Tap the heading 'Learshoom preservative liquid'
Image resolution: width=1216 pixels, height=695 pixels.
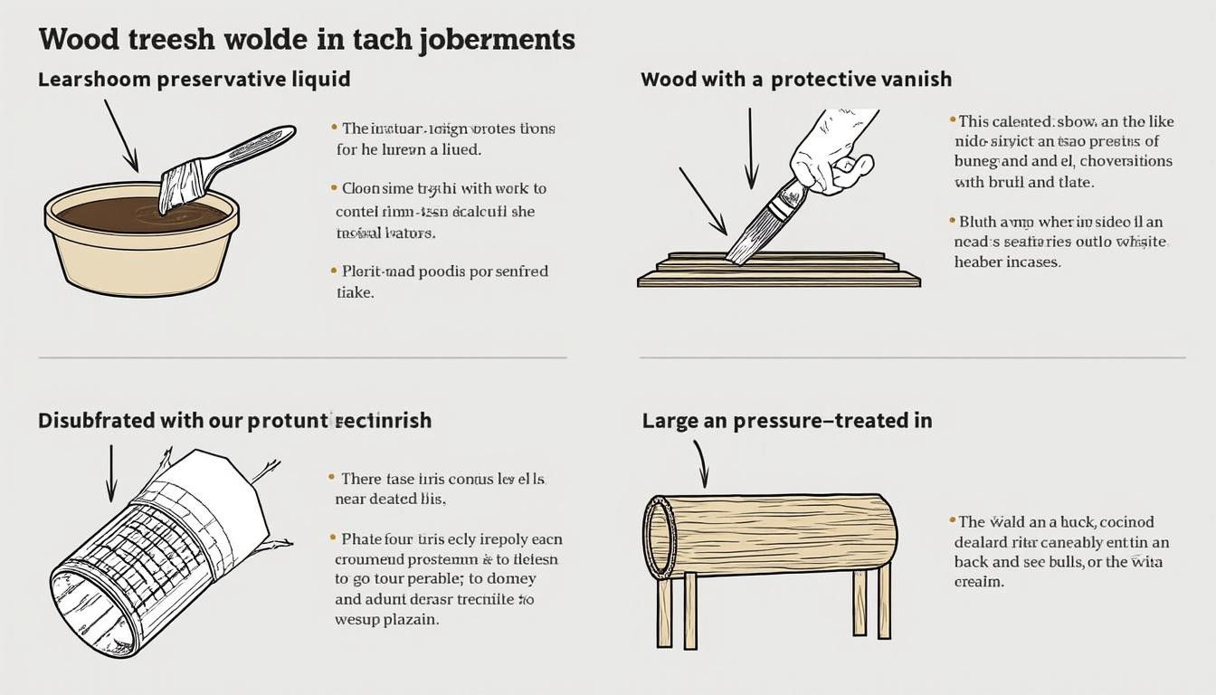194,80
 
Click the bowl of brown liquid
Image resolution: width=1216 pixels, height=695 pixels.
142,240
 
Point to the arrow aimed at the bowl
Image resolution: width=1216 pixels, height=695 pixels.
120,136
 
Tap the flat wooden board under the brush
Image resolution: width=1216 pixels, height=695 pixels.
778,271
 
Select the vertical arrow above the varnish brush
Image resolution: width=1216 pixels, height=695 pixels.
750,149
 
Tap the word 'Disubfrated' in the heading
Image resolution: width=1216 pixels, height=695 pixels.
97,421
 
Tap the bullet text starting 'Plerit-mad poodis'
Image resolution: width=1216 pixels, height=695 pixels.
443,281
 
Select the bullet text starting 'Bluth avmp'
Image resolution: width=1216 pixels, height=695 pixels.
1059,242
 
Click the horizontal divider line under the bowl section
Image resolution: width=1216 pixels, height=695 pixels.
302,358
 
